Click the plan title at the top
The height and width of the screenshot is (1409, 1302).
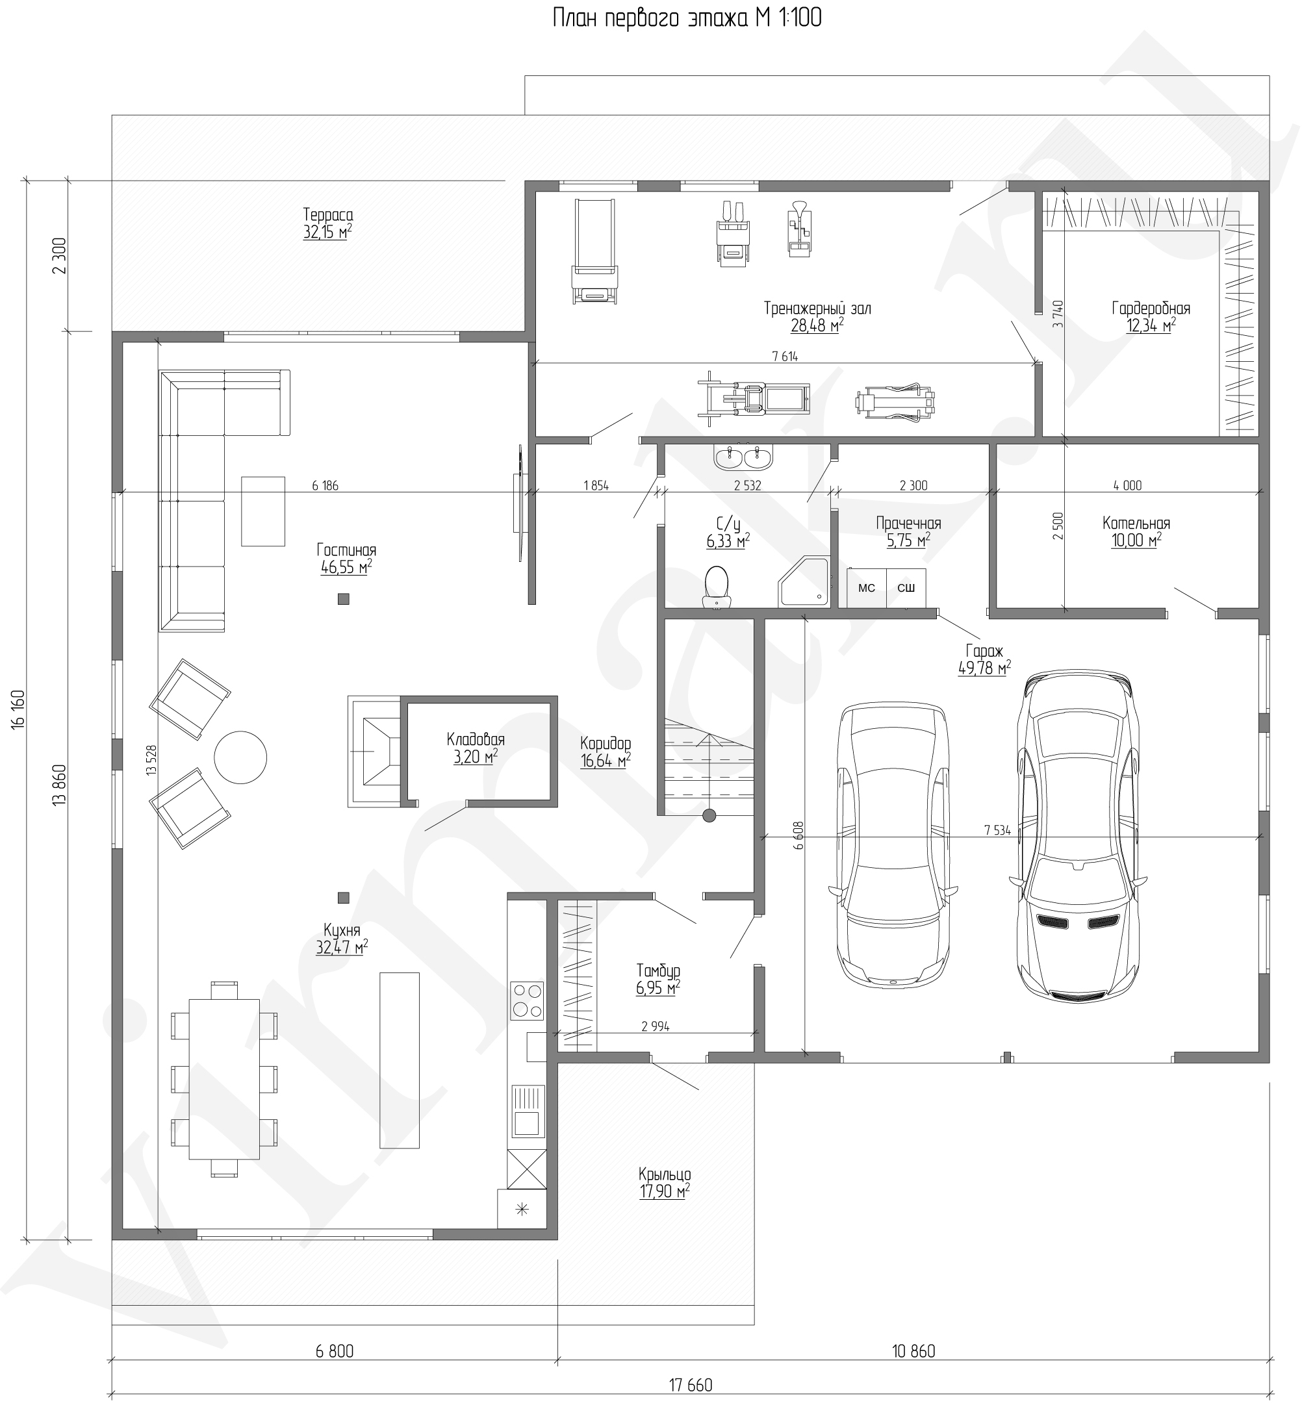(x=687, y=18)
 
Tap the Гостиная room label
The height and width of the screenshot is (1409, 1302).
(x=346, y=550)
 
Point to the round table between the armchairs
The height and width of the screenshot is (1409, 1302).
(x=240, y=757)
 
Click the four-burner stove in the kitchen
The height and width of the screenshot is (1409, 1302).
(x=527, y=1000)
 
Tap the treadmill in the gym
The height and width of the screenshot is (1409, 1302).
(x=594, y=251)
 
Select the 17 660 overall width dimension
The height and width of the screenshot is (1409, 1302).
(x=691, y=1384)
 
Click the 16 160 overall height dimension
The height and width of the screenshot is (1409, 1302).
(x=18, y=709)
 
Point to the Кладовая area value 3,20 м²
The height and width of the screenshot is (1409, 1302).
(x=476, y=757)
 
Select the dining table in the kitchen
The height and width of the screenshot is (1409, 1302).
(x=224, y=1078)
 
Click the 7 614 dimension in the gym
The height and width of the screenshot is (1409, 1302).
(x=785, y=357)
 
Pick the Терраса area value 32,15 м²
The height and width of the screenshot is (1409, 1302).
(x=327, y=232)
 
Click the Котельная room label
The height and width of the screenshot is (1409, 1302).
(x=1136, y=523)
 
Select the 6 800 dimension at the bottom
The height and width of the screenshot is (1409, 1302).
(x=335, y=1351)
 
